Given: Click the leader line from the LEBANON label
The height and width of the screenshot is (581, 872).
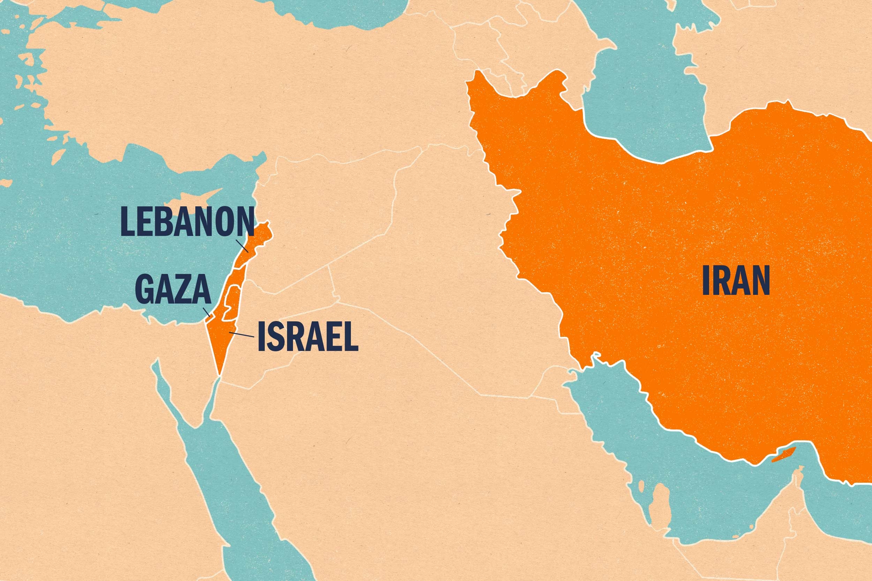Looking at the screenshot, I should tap(242, 246).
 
